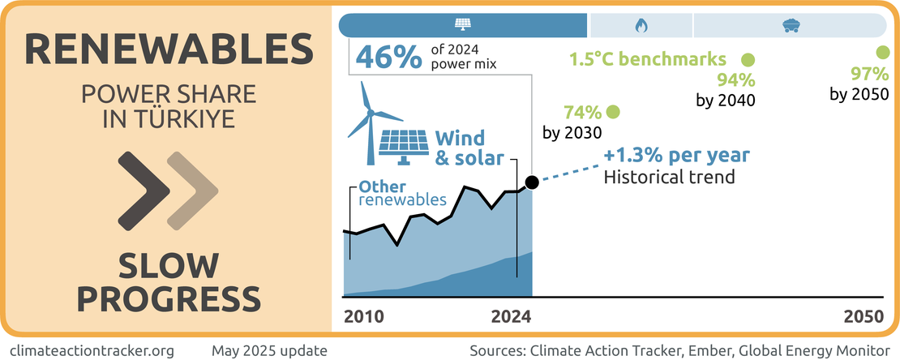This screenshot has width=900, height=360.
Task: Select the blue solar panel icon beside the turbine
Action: point(405,144)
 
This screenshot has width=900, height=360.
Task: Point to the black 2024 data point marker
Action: point(532,182)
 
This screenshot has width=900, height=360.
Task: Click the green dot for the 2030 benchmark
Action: point(613,112)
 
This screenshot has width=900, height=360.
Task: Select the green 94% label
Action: point(736,80)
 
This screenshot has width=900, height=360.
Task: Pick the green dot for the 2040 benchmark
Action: point(748,59)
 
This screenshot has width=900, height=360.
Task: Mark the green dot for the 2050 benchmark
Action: point(883,53)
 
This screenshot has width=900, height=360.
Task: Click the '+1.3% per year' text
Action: point(677,156)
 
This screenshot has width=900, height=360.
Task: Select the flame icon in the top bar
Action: point(641,25)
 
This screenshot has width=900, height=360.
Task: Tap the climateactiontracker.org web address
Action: point(93,350)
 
